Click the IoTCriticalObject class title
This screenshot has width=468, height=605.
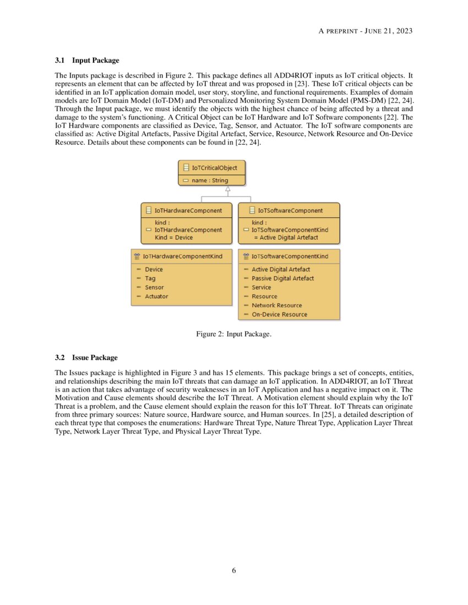click(214, 168)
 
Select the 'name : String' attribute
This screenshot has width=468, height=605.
click(210, 180)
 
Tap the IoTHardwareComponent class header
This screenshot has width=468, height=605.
click(188, 210)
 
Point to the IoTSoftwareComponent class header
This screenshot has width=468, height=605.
click(290, 210)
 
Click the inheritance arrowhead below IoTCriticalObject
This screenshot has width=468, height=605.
click(227, 190)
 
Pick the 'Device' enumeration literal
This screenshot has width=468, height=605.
click(154, 269)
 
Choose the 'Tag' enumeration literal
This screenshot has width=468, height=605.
click(150, 278)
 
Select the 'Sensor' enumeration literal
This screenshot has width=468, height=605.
click(154, 287)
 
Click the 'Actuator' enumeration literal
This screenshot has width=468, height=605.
click(156, 296)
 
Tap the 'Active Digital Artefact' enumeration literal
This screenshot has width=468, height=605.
click(280, 269)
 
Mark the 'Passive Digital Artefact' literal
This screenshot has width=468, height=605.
click(282, 278)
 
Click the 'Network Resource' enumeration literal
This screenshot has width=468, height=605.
click(276, 305)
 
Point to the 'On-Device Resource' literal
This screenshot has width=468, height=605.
click(279, 315)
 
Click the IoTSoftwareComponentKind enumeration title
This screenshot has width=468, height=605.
click(290, 256)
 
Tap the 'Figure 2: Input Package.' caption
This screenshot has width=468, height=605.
click(233, 334)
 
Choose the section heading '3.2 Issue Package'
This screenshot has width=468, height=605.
click(86, 358)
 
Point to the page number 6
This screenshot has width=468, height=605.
click(234, 570)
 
